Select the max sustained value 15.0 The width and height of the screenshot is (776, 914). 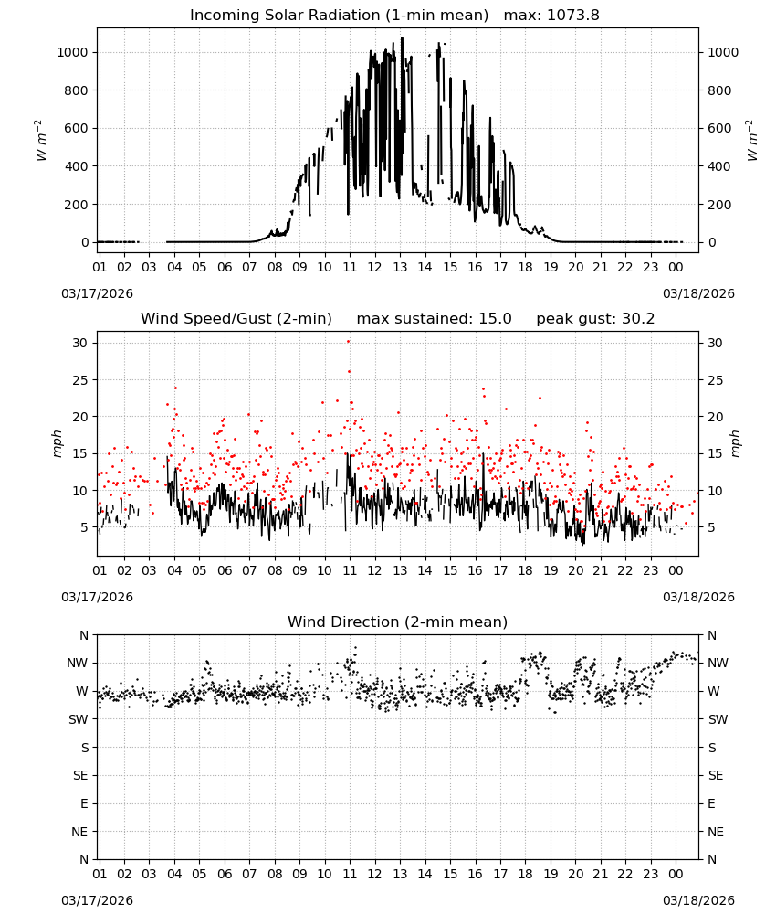click(x=495, y=318)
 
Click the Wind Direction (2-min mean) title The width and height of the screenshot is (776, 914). click(x=398, y=622)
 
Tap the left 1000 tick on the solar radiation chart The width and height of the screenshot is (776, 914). click(x=72, y=52)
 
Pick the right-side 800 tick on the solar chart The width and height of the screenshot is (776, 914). click(x=719, y=90)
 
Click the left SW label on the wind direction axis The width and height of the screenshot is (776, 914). click(x=78, y=719)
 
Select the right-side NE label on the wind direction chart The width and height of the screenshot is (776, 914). click(x=716, y=832)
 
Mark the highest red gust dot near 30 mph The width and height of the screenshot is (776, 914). click(x=349, y=342)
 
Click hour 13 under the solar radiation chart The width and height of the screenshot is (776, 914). click(x=400, y=267)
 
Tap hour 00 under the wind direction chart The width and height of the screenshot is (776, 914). click(x=676, y=874)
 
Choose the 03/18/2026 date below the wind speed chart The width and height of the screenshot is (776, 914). click(x=698, y=597)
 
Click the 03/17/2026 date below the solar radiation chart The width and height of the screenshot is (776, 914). click(x=97, y=293)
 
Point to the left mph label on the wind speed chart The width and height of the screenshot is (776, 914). click(x=57, y=443)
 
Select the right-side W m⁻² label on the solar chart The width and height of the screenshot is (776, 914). click(x=751, y=141)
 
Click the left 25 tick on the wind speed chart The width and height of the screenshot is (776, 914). click(x=79, y=380)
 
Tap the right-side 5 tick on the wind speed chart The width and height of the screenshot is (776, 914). click(x=711, y=527)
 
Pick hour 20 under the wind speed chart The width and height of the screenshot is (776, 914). click(x=575, y=570)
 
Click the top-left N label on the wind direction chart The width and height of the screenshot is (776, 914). click(x=84, y=635)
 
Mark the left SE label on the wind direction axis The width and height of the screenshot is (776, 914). click(x=80, y=775)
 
